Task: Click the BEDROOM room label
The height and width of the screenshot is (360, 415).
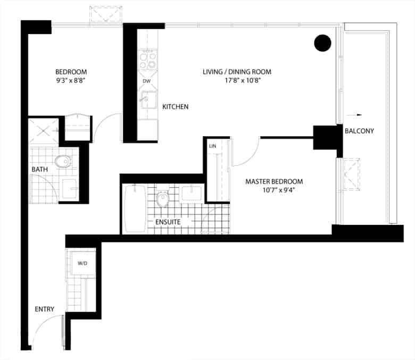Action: click(x=71, y=72)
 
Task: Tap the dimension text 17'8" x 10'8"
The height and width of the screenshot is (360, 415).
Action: click(x=243, y=81)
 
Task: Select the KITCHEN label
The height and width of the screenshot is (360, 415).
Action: click(x=175, y=107)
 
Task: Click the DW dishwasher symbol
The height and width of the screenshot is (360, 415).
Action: click(x=147, y=81)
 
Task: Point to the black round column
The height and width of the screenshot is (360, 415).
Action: click(x=322, y=43)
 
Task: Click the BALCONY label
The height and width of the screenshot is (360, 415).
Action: click(x=359, y=131)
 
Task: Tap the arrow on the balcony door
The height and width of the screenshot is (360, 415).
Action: click(x=354, y=115)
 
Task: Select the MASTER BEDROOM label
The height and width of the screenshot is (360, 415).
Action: click(x=274, y=182)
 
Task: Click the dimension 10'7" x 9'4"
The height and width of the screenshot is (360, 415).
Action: click(x=279, y=190)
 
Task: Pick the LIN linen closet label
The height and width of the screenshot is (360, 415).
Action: click(x=212, y=146)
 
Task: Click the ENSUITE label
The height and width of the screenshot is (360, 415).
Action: click(x=168, y=222)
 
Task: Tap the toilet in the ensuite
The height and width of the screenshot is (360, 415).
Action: click(x=162, y=198)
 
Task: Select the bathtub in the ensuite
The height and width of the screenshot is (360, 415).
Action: click(x=135, y=209)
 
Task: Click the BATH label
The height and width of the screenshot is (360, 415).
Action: click(x=40, y=170)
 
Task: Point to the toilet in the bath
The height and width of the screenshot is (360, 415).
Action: click(x=63, y=161)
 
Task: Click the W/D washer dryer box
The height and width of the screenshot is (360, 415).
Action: click(x=83, y=263)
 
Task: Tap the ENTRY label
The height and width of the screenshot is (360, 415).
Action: click(x=45, y=309)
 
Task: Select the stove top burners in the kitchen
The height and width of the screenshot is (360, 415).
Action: click(x=148, y=60)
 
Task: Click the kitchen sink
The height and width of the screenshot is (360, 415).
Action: click(x=148, y=100)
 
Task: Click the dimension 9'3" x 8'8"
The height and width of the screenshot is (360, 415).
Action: click(x=70, y=81)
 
